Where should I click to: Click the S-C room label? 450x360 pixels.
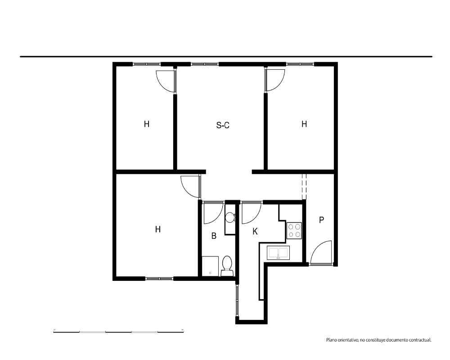pyautogui.click(x=223, y=125)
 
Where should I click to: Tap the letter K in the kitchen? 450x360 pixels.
pyautogui.click(x=255, y=231)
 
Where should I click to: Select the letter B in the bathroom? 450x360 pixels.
pyautogui.click(x=213, y=236)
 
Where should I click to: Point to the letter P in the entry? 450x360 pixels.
pyautogui.click(x=321, y=220)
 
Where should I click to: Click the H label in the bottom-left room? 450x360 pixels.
pyautogui.click(x=157, y=229)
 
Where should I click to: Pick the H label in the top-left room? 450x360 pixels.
pyautogui.click(x=146, y=124)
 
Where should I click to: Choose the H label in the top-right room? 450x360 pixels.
pyautogui.click(x=304, y=124)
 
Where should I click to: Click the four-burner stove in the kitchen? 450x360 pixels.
pyautogui.click(x=294, y=230)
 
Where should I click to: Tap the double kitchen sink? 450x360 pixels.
pyautogui.click(x=278, y=252)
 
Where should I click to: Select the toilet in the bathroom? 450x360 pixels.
pyautogui.click(x=227, y=266)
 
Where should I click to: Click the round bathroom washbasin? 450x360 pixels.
pyautogui.click(x=229, y=217)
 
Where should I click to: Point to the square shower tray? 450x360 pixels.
pyautogui.click(x=210, y=266)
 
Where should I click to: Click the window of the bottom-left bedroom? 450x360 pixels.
pyautogui.click(x=159, y=279)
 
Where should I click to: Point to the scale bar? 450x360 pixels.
pyautogui.click(x=118, y=332)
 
